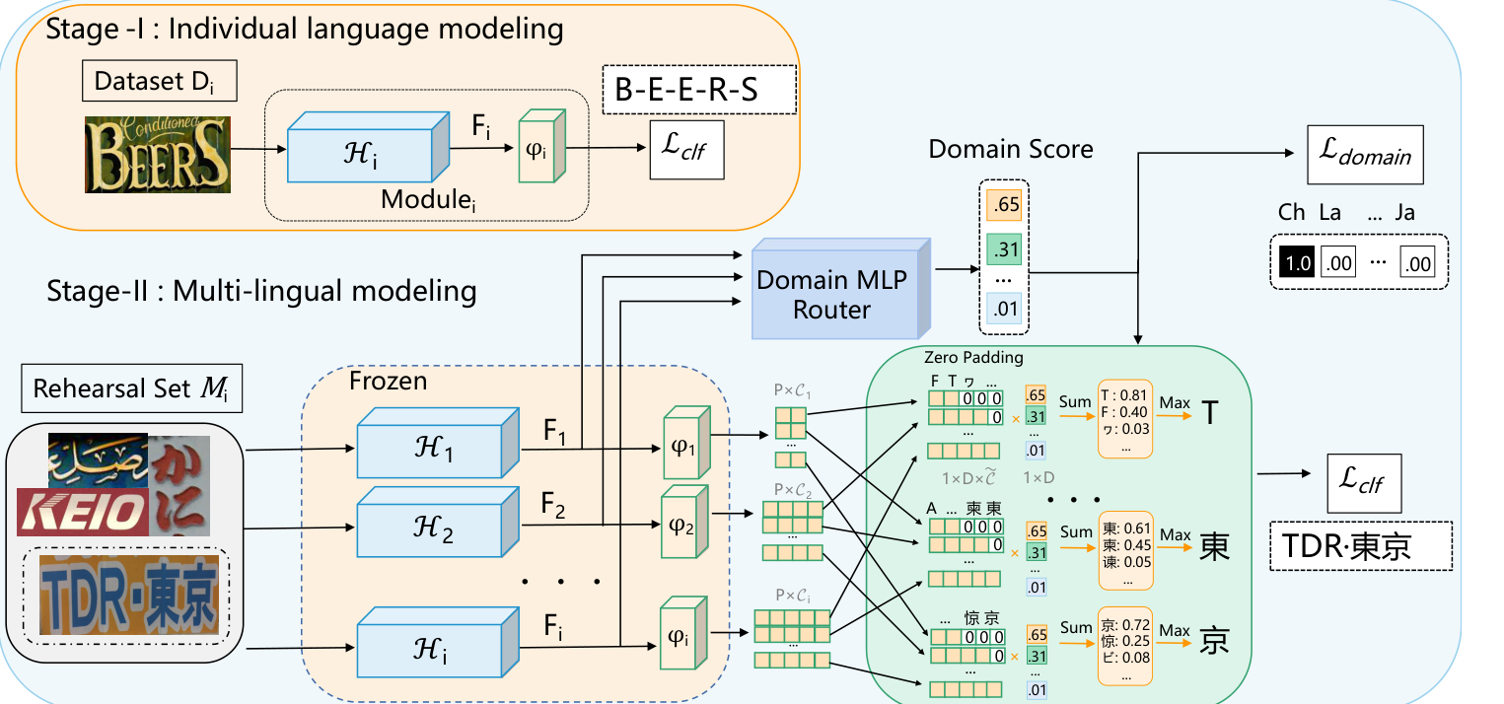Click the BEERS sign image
tap(157, 154)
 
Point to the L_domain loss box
tap(1365, 155)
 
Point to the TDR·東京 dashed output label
tap(1360, 545)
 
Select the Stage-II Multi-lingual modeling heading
tap(262, 292)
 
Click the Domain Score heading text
tap(1010, 149)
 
